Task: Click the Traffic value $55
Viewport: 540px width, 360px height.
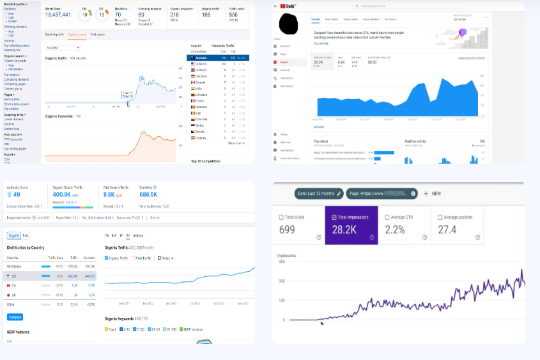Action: point(233,14)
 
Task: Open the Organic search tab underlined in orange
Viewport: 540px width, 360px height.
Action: point(77,35)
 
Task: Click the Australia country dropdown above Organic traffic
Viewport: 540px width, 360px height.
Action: point(63,48)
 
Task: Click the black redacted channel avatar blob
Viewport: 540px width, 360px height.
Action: point(291,25)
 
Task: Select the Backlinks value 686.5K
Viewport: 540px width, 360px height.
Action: point(148,194)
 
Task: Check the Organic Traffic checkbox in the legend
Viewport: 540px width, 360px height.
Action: point(106,258)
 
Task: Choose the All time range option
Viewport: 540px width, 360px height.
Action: point(138,235)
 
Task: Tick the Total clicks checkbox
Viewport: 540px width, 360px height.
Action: point(282,217)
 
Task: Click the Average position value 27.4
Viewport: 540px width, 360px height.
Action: point(447,229)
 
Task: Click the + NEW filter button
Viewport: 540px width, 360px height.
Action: point(433,193)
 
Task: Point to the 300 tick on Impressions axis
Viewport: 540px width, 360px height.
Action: point(282,281)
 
